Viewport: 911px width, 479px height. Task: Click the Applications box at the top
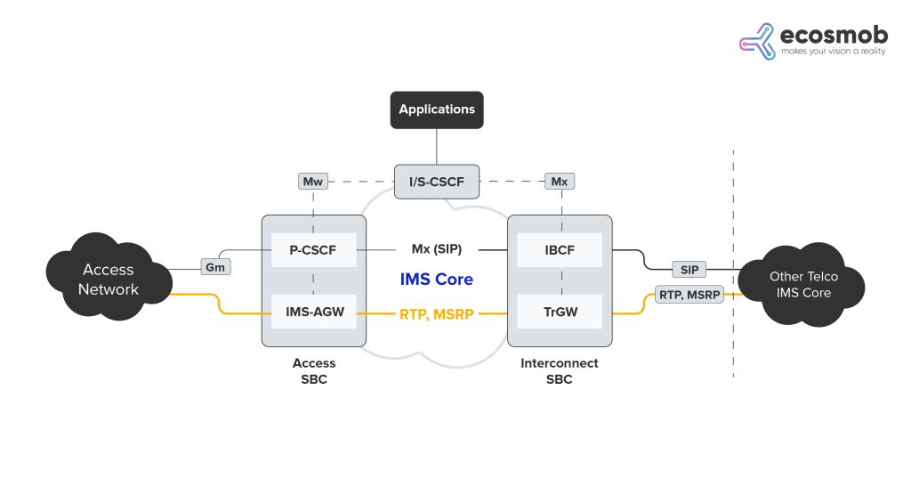[x=437, y=110]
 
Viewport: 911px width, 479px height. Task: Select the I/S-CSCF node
[x=436, y=182]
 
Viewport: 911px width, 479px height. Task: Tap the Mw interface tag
[x=312, y=182]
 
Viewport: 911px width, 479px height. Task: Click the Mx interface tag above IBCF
[x=559, y=182]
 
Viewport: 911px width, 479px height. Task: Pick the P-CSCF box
[x=314, y=250]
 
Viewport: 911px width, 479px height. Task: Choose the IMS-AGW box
[x=314, y=313]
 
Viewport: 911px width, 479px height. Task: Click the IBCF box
[x=559, y=250]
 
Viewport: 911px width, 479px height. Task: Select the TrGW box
[x=559, y=313]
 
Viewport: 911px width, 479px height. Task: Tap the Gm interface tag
[x=214, y=267]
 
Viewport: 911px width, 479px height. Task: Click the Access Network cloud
[x=109, y=279]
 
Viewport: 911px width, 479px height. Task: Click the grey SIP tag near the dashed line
[x=689, y=268]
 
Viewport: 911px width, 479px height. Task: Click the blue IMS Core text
[x=436, y=280]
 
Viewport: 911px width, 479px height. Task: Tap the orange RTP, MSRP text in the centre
[x=437, y=313]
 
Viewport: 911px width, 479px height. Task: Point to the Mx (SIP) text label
[x=436, y=250]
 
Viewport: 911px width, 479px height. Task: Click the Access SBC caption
[x=314, y=370]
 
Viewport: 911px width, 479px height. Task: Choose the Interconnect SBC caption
[x=559, y=370]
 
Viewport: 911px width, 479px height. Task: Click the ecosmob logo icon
[x=757, y=42]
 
